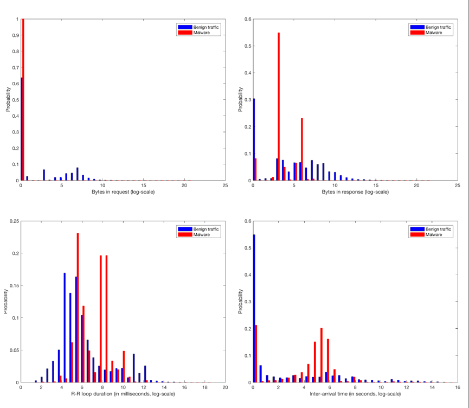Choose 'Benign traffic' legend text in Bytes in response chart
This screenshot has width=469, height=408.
438,27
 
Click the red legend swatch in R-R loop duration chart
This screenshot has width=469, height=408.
183,234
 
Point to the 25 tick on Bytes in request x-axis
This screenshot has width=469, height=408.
225,186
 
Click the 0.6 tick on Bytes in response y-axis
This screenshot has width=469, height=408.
248,20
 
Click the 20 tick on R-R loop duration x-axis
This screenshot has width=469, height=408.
225,387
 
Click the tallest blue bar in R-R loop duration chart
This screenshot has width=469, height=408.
65,328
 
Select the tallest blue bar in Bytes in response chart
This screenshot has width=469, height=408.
254,139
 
